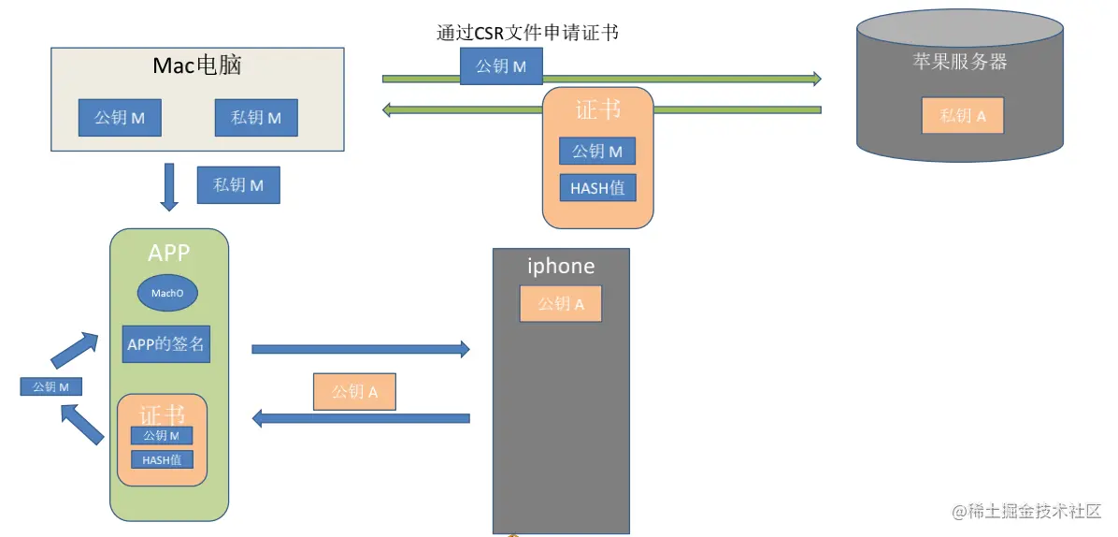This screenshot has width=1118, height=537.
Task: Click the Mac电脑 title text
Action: (x=204, y=66)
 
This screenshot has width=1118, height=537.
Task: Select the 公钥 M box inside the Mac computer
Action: (x=119, y=118)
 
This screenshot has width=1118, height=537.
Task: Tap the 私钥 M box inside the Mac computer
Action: (x=256, y=118)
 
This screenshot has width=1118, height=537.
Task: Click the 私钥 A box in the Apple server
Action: (x=962, y=116)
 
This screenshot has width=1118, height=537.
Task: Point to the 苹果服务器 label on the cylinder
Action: (x=960, y=63)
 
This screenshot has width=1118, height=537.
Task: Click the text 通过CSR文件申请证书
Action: (x=528, y=33)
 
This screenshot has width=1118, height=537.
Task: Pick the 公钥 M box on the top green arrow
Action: (x=501, y=66)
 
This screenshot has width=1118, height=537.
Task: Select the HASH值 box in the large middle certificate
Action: (x=597, y=188)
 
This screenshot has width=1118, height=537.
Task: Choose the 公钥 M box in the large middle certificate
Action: (x=597, y=151)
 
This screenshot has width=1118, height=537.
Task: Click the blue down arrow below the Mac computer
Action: (x=169, y=187)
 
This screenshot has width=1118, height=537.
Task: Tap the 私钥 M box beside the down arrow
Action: (x=238, y=185)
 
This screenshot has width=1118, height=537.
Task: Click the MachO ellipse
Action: (x=167, y=294)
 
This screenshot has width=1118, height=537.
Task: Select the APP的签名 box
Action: (x=165, y=343)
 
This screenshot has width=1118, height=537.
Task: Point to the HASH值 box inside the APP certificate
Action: (x=162, y=459)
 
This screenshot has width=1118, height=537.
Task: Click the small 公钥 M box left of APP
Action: (x=50, y=386)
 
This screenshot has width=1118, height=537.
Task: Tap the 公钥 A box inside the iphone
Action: (x=561, y=304)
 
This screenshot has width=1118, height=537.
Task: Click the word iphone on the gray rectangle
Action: (x=561, y=267)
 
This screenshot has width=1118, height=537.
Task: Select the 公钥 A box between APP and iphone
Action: (x=354, y=392)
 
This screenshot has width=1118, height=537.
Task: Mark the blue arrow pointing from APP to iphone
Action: (x=361, y=349)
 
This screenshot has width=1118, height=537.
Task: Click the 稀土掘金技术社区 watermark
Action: (x=1026, y=512)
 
